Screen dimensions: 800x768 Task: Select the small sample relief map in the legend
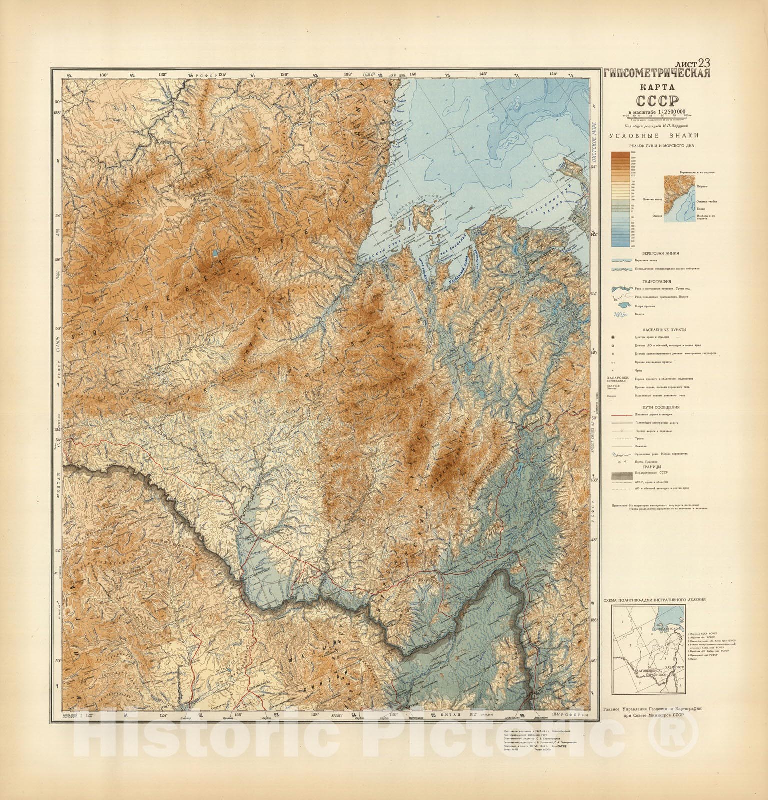coord(680,199)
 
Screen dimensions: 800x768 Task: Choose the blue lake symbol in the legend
coord(620,305)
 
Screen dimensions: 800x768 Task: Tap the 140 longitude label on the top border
coord(413,74)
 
